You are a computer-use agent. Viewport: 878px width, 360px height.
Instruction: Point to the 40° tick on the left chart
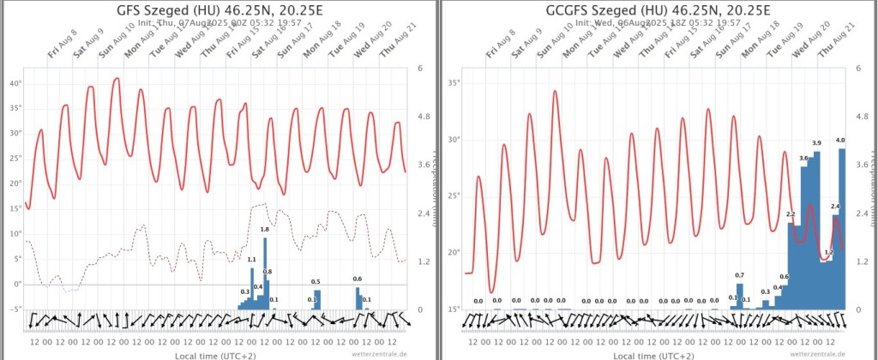[15, 84]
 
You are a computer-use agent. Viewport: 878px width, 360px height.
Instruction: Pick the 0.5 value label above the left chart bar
[316, 282]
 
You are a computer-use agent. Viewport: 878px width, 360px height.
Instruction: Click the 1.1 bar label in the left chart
[252, 260]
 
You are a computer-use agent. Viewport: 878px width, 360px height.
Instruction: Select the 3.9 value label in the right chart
[816, 143]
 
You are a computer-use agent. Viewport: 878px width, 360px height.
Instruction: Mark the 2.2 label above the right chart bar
[791, 214]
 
